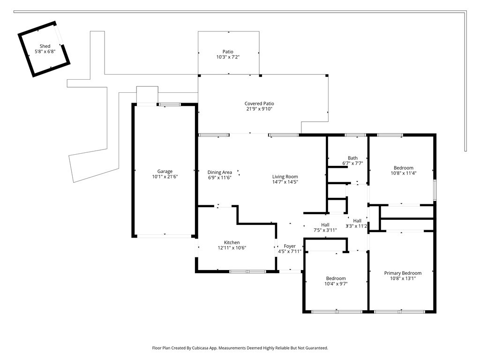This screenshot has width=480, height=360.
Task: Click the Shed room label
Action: pos(45,46)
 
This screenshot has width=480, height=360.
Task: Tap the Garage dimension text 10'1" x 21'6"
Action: pos(165,177)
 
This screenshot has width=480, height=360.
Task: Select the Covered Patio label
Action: pos(259,104)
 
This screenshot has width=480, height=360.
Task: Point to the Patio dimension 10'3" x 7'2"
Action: pos(228,57)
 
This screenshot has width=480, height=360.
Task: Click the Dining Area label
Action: pos(220,172)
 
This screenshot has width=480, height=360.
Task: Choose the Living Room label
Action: pos(285,177)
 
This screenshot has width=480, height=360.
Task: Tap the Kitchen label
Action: pos(232,242)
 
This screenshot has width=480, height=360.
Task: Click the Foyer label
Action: pos(290,246)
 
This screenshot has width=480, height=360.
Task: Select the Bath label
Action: pos(352,158)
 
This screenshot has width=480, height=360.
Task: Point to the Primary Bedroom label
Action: pos(403,273)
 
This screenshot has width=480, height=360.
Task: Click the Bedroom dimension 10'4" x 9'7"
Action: pos(336,284)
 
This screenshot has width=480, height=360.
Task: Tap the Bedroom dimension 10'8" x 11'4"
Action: pos(404,173)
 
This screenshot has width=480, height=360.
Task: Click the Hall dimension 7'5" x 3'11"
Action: pos(325,230)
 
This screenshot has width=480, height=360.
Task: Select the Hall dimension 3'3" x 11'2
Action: pos(357,226)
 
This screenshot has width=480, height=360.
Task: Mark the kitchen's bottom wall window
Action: pos(247,271)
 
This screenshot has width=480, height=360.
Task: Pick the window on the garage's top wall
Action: pos(170,105)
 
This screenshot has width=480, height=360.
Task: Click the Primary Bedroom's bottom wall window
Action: pos(399,312)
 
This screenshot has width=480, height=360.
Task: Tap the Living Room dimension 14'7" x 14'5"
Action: pos(285,182)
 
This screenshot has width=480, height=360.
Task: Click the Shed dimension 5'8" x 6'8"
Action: pos(45,52)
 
